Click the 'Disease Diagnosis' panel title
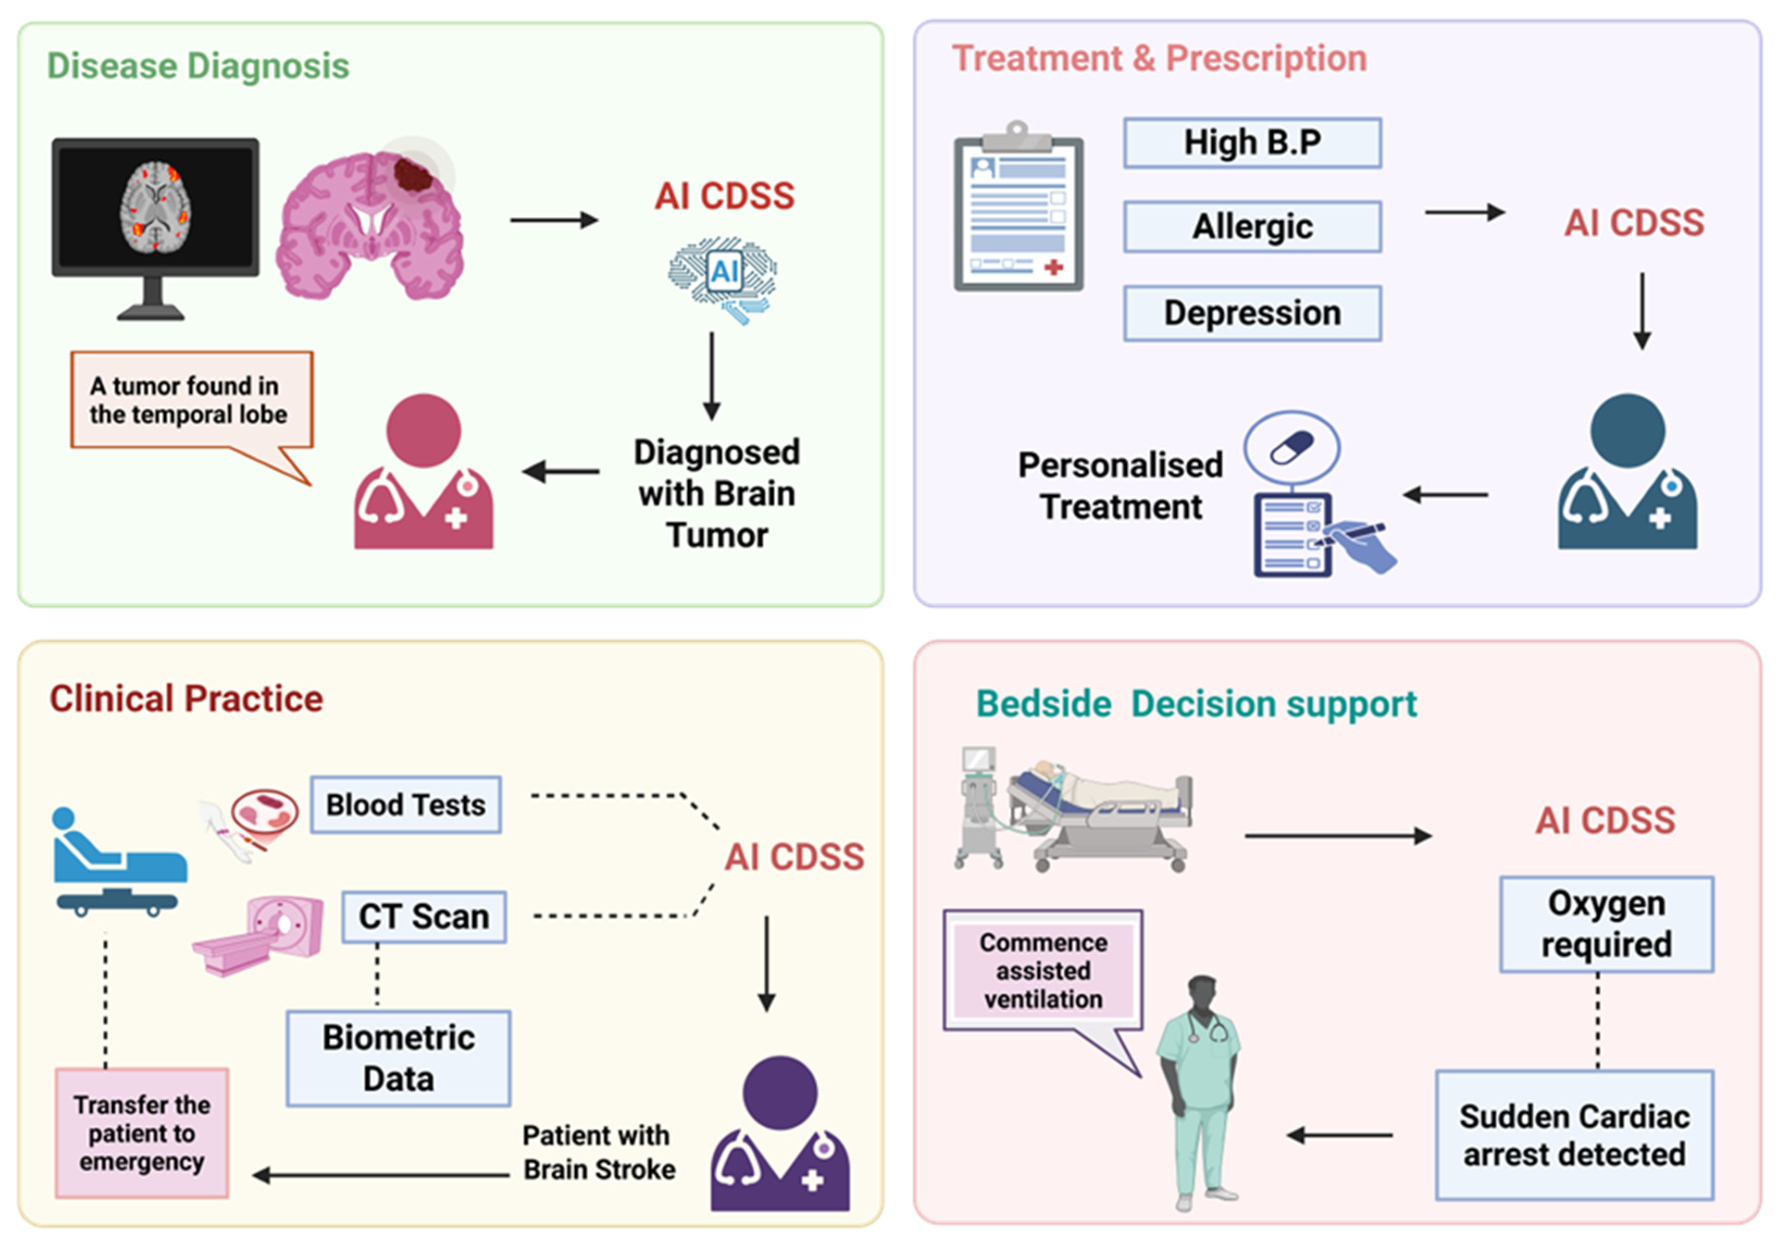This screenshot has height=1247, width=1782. tap(198, 66)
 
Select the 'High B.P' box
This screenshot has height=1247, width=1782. tap(1252, 143)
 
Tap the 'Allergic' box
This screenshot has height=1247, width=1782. tap(1252, 227)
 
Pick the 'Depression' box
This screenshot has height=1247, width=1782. tap(1252, 313)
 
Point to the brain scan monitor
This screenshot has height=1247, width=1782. tap(155, 210)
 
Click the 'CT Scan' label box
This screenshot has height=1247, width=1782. tap(424, 917)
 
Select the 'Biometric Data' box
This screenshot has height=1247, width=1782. tap(398, 1058)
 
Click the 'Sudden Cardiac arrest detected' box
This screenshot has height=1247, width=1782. tap(1574, 1135)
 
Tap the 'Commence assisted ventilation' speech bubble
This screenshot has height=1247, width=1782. tap(1043, 970)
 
